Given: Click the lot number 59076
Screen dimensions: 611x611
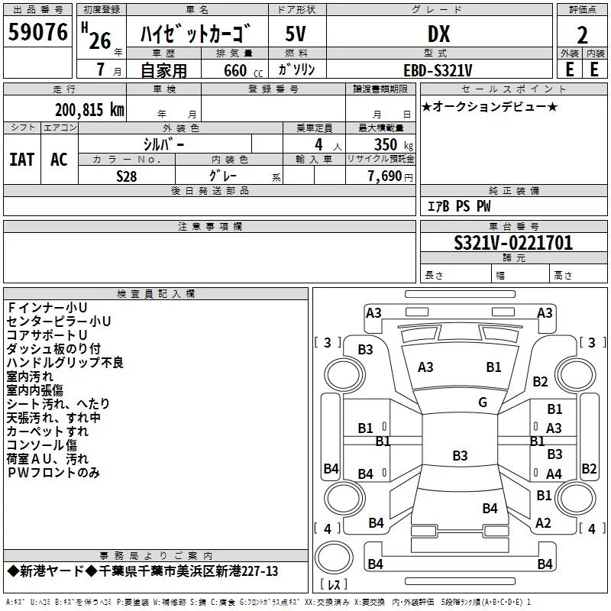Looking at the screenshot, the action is (x=37, y=32).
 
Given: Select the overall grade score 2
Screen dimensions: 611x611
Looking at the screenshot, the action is (x=582, y=35).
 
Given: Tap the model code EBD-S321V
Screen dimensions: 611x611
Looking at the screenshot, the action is (x=438, y=70).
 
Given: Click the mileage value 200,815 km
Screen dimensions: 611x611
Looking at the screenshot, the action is (x=89, y=110).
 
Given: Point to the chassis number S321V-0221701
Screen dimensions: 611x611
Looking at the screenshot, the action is (x=513, y=243).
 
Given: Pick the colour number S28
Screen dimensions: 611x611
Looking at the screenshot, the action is (x=127, y=176).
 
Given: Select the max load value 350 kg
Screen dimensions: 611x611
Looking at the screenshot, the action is (x=393, y=144).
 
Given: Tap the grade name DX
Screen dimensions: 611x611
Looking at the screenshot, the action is (x=438, y=34).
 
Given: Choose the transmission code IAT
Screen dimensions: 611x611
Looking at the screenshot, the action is (x=22, y=160).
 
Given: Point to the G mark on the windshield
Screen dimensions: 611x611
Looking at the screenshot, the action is (x=483, y=402).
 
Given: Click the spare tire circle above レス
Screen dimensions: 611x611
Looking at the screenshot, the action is (x=334, y=557).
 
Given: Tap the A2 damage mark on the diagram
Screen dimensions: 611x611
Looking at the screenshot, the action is (x=543, y=522).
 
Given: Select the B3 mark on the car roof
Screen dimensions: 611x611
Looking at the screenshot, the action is (x=460, y=455).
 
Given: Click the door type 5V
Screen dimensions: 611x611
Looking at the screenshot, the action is (x=296, y=34).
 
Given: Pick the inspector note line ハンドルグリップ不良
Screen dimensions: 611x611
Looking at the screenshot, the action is (x=65, y=362).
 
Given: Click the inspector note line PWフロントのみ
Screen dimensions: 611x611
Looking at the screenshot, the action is (x=53, y=472).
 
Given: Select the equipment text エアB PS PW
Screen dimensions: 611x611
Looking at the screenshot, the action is (x=459, y=206).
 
